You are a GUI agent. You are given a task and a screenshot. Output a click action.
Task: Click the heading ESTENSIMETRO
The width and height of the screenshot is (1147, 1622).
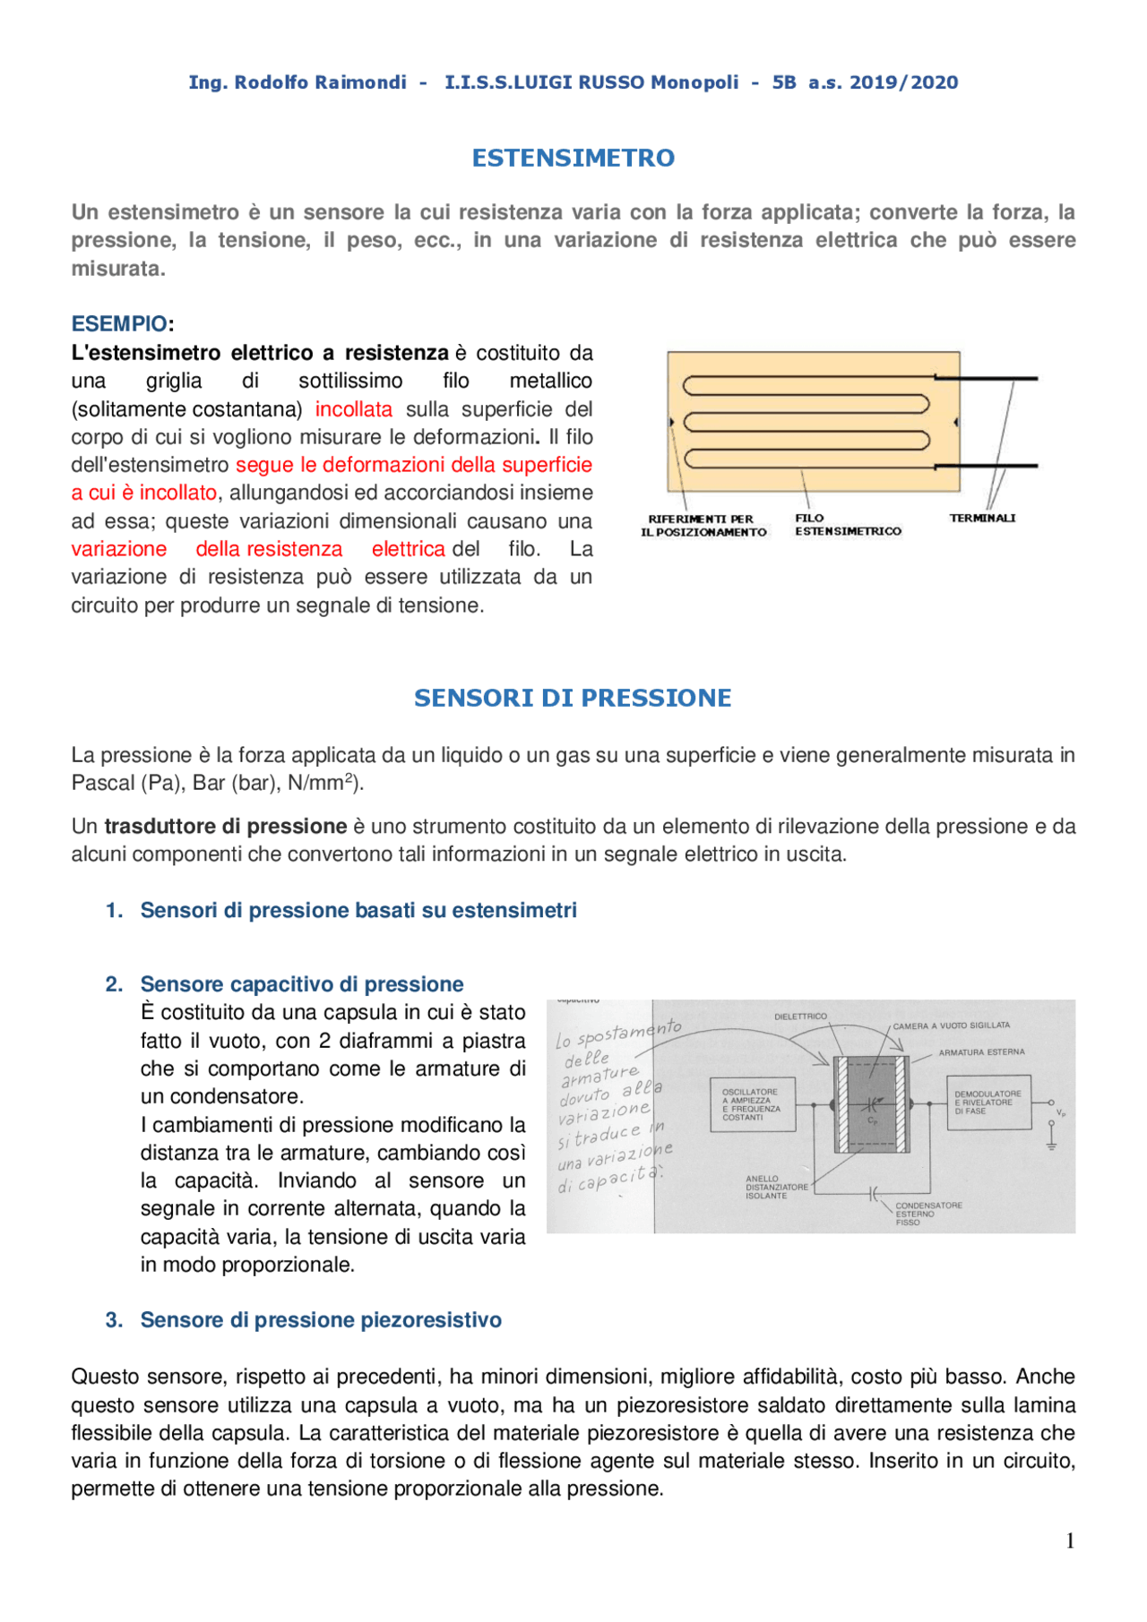tap(573, 159)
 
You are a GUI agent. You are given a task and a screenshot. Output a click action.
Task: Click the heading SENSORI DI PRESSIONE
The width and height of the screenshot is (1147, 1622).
tap(573, 699)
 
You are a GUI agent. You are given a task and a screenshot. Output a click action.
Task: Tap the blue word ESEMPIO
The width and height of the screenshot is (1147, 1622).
tap(119, 324)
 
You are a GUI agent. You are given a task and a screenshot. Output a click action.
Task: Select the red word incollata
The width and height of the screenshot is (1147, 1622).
tap(353, 409)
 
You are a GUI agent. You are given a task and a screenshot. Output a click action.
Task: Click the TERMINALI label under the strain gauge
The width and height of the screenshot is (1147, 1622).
tap(982, 519)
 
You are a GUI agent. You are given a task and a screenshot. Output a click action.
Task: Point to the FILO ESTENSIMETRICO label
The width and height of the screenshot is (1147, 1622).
tap(847, 525)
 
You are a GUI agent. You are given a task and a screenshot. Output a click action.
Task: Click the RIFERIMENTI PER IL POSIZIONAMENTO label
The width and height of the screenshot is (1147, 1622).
tap(703, 526)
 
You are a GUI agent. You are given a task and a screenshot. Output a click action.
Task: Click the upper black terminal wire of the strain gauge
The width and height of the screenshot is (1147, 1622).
tap(986, 378)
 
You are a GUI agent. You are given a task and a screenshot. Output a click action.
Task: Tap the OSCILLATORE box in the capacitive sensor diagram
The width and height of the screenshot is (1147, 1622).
tap(752, 1104)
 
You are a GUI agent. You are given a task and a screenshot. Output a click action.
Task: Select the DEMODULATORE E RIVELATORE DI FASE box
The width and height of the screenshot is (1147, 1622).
tap(988, 1103)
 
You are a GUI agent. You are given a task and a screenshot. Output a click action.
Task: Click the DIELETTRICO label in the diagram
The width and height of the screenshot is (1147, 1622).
tap(800, 1017)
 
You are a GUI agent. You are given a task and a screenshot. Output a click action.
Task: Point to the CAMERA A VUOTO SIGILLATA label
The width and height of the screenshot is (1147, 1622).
tap(951, 1026)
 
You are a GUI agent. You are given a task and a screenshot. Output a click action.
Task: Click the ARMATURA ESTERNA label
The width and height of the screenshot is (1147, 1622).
tap(981, 1052)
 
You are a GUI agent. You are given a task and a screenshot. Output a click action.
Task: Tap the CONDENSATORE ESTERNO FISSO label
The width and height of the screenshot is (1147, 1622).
tap(927, 1214)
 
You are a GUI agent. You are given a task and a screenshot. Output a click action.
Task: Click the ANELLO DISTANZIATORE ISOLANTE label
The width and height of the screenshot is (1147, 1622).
tap(776, 1188)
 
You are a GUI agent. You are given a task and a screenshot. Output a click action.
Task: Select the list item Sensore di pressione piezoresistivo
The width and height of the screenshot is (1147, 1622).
tap(321, 1320)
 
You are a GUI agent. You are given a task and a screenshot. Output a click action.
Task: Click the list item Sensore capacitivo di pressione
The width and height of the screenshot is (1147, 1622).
tap(302, 984)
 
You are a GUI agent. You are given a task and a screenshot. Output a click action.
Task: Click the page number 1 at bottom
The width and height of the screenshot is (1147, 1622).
tap(1070, 1541)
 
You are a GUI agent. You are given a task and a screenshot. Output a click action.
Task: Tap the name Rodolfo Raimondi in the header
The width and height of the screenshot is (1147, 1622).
tap(320, 82)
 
